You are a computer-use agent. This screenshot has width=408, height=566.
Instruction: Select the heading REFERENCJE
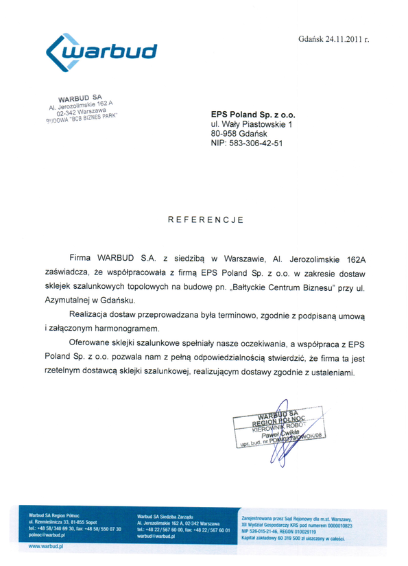[205, 220]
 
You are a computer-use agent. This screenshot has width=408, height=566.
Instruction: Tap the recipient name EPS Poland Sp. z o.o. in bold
[253, 115]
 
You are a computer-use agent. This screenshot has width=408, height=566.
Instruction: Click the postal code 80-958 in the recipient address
[226, 134]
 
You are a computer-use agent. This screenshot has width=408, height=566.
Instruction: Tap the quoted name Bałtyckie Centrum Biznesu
[282, 287]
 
